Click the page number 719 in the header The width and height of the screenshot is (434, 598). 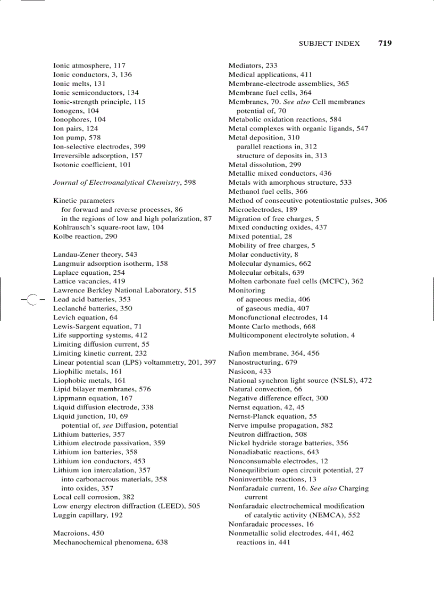[x=385, y=43]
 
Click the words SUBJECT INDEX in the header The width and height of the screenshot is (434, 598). [x=329, y=44]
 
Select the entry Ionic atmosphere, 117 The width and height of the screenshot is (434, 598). [x=89, y=65]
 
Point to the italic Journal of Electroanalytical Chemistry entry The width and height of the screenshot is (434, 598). [x=124, y=183]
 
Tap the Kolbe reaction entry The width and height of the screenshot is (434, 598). [x=85, y=236]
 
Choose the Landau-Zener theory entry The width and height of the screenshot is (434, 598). [x=95, y=255]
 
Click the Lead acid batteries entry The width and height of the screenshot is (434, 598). [x=91, y=299]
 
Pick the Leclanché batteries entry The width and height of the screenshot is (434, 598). [x=93, y=308]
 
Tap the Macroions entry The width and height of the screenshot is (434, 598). [x=78, y=533]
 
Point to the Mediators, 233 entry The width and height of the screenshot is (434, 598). [x=253, y=65]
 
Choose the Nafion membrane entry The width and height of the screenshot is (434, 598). [x=273, y=354]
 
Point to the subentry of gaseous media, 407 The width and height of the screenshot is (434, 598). [x=273, y=308]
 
